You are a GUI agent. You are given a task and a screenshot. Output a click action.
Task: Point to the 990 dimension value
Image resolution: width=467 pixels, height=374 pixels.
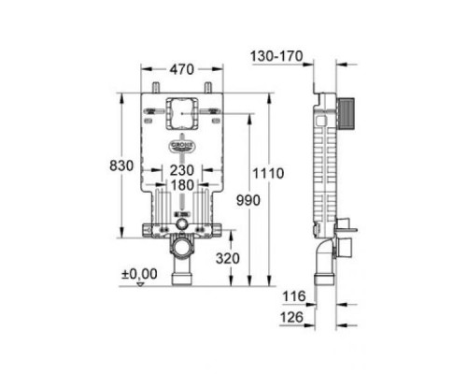[247, 201]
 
